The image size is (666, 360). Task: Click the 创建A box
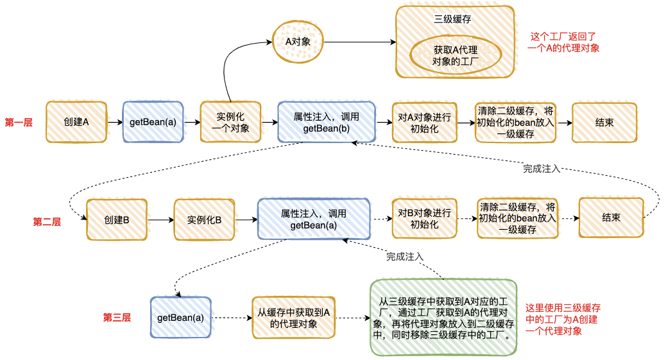pyautogui.click(x=76, y=121)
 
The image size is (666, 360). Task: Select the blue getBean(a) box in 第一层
pyautogui.click(x=153, y=121)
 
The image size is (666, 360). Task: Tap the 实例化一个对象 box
pyautogui.click(x=230, y=121)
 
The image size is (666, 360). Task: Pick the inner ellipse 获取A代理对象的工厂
pyautogui.click(x=456, y=56)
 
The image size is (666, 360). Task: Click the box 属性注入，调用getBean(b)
pyautogui.click(x=326, y=122)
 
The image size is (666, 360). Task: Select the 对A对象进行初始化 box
pyautogui.click(x=424, y=122)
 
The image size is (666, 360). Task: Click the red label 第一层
pyautogui.click(x=19, y=122)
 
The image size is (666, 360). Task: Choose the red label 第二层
pyautogui.click(x=47, y=221)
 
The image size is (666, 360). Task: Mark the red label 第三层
pyautogui.click(x=117, y=317)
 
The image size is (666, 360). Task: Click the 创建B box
pyautogui.click(x=116, y=219)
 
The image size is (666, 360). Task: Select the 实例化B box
pyautogui.click(x=204, y=219)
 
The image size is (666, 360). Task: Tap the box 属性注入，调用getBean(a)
pyautogui.click(x=314, y=219)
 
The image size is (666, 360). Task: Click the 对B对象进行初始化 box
pyautogui.click(x=424, y=219)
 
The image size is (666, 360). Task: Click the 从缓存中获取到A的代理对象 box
pyautogui.click(x=294, y=317)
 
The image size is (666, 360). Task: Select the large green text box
pyautogui.click(x=443, y=317)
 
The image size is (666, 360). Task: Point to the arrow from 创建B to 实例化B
pyautogui.click(x=160, y=219)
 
